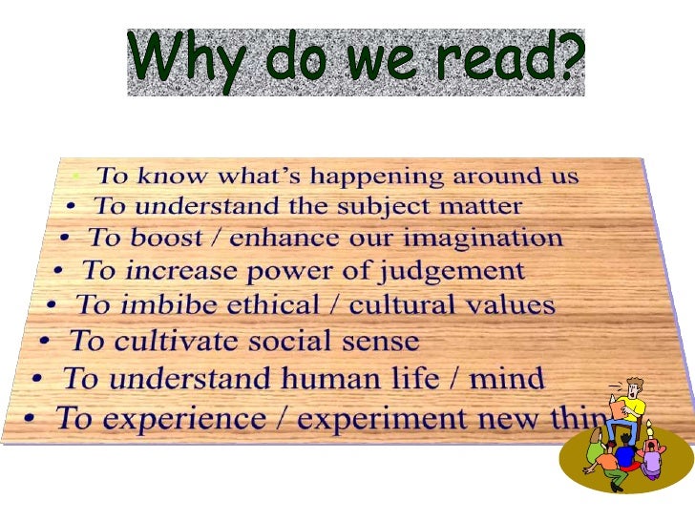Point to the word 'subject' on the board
394,206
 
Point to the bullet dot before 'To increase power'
59,272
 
